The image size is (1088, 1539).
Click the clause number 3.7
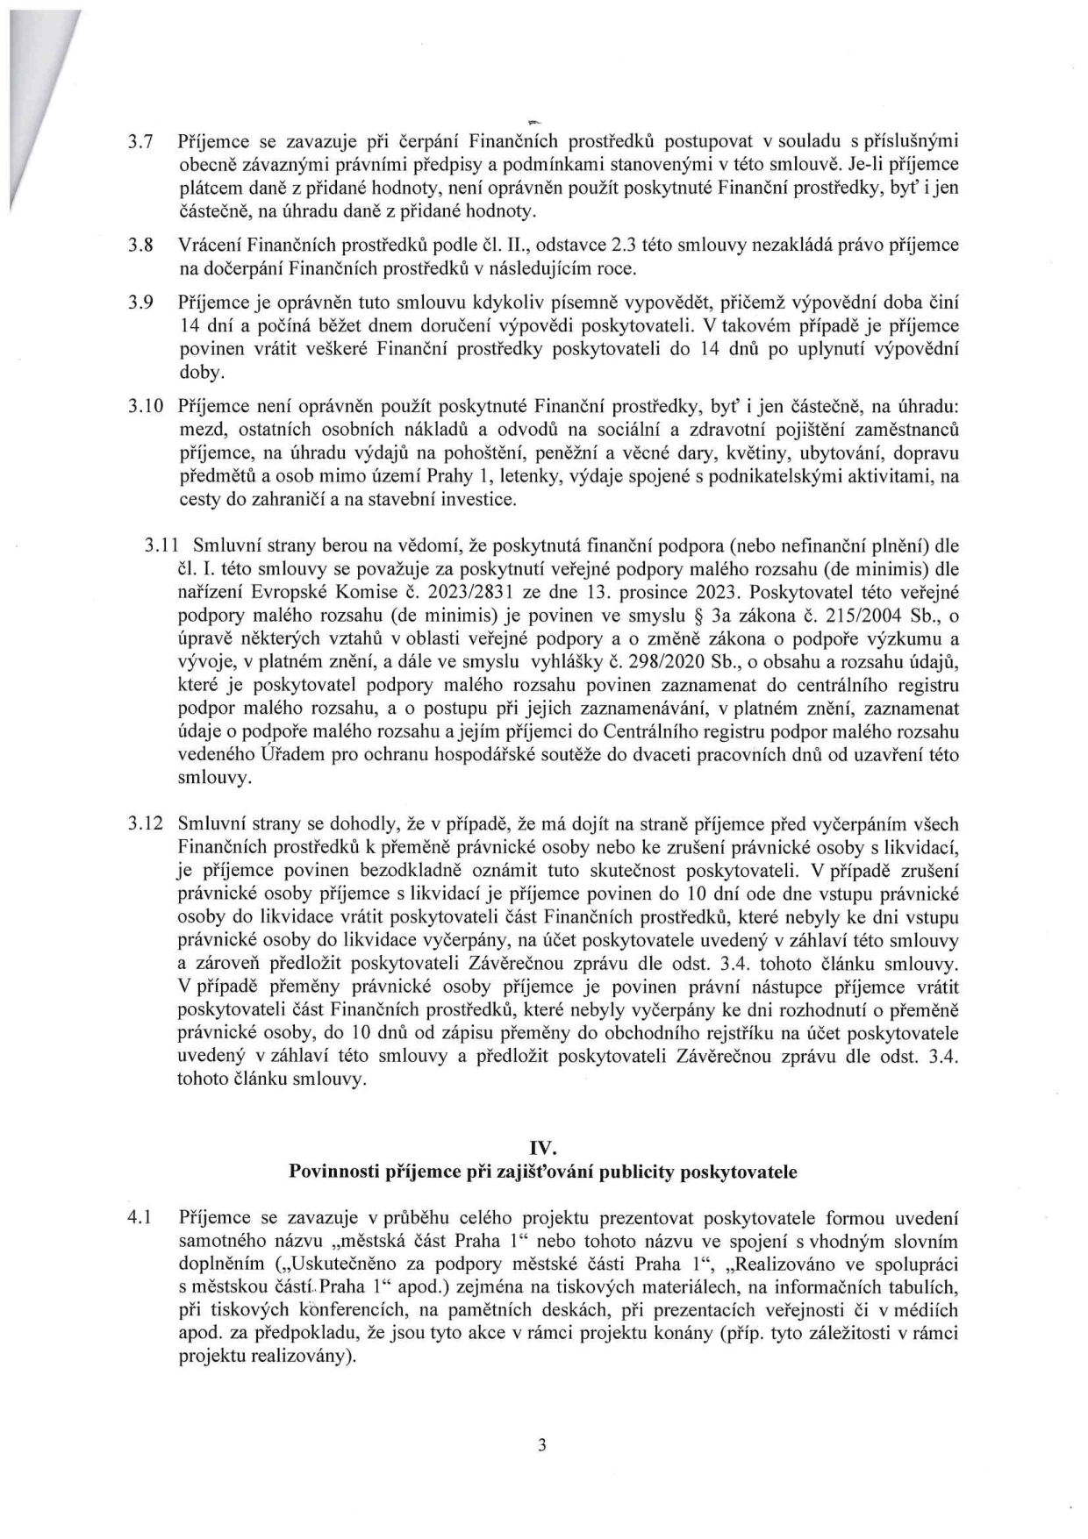click(142, 141)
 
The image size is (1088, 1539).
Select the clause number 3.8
click(142, 245)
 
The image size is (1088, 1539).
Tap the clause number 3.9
click(142, 303)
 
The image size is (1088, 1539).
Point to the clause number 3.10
click(146, 406)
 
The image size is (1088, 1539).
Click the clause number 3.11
click(162, 545)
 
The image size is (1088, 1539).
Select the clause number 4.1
click(142, 1218)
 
